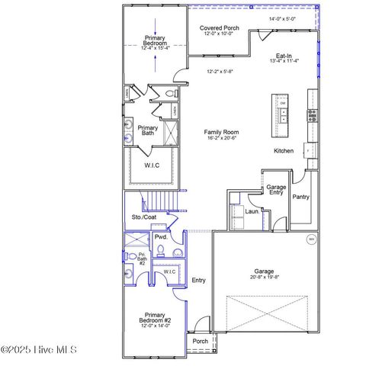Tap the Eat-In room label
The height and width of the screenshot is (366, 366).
point(284,56)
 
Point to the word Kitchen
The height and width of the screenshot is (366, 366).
point(284,151)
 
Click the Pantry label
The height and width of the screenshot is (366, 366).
point(301,197)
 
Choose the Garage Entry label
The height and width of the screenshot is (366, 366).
point(275,190)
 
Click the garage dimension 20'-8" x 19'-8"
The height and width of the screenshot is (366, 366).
point(264,278)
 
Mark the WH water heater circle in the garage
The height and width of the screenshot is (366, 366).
point(310,239)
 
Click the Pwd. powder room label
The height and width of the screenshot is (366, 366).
point(161,237)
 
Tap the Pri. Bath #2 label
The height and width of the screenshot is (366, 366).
point(142,258)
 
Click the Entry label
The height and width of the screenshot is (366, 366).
point(198,281)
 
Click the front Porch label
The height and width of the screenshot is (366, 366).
point(200,342)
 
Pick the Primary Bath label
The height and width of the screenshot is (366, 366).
point(148,131)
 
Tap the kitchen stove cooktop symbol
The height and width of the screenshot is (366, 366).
point(311,116)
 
